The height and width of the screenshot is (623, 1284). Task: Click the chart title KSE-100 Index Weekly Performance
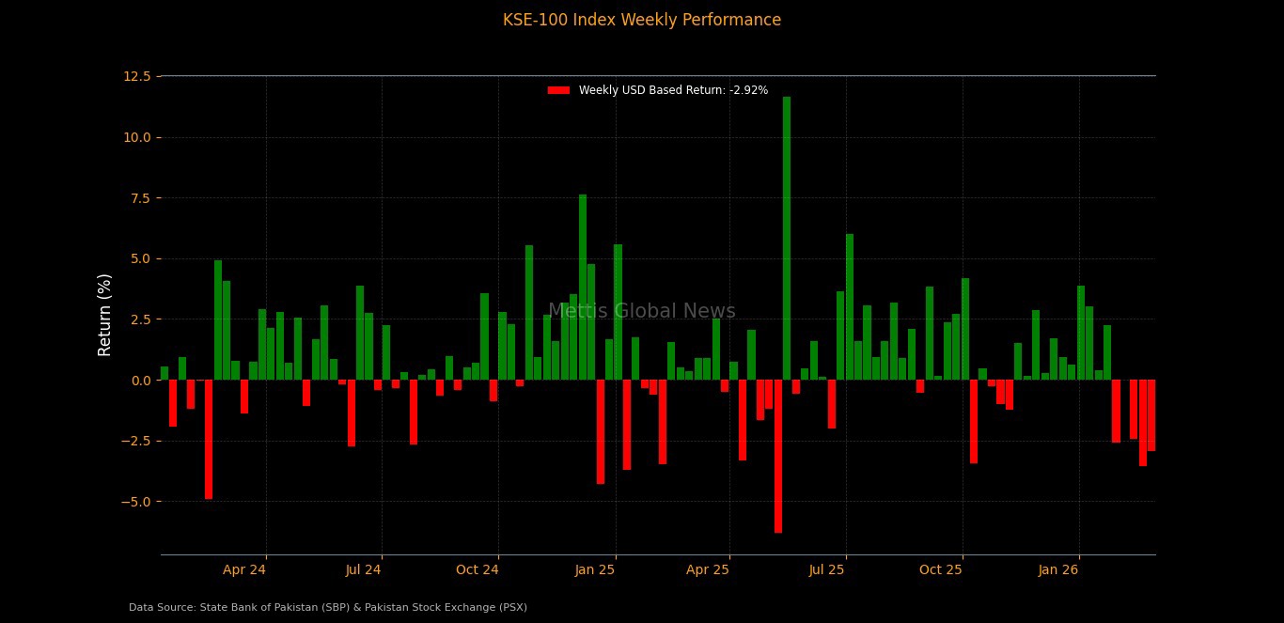coord(641,20)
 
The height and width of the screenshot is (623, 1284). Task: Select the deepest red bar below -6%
coord(778,456)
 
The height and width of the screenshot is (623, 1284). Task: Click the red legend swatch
coord(558,90)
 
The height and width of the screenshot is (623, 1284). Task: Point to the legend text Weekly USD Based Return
coord(673,90)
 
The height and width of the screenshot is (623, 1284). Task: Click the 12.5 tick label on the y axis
coord(137,76)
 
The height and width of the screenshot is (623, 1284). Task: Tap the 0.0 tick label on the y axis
coord(139,381)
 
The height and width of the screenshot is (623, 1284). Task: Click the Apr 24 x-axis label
coord(244,569)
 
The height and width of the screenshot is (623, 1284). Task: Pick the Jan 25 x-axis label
coord(595,569)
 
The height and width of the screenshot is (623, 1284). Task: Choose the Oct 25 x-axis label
coord(941,569)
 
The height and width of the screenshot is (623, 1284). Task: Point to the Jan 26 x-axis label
coord(1058,569)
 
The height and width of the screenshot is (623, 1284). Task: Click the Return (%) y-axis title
coord(105,315)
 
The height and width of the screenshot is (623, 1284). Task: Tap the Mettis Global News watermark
coord(642,312)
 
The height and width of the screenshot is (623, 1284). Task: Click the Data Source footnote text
coord(328,608)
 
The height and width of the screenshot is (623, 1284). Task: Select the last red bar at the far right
coord(1151,415)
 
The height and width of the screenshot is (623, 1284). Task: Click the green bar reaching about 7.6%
coord(583,287)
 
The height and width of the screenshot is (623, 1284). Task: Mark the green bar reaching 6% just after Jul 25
coord(850,306)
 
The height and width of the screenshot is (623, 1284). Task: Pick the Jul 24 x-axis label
coord(363,569)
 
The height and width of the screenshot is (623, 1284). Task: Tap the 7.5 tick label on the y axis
coord(139,198)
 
